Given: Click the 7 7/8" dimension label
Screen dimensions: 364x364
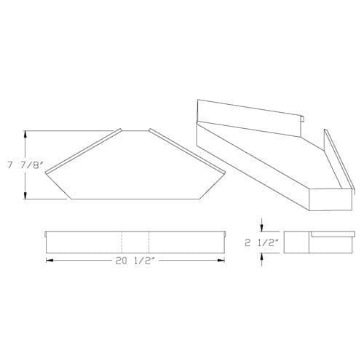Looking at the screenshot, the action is (25, 165).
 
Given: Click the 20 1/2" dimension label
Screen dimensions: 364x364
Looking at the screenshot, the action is (135, 261).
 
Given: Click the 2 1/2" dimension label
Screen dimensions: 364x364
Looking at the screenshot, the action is (261, 242).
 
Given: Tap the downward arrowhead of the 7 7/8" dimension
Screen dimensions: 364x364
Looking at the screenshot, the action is (25, 195).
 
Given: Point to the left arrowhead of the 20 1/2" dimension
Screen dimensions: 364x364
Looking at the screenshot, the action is (50, 261).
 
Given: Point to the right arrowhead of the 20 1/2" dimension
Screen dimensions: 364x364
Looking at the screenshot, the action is (221, 261).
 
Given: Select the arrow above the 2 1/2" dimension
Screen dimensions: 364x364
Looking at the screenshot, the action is (261, 225).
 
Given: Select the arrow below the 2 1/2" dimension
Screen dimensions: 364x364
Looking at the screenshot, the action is (261, 260).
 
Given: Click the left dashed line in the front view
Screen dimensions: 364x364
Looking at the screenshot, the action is (122, 242).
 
